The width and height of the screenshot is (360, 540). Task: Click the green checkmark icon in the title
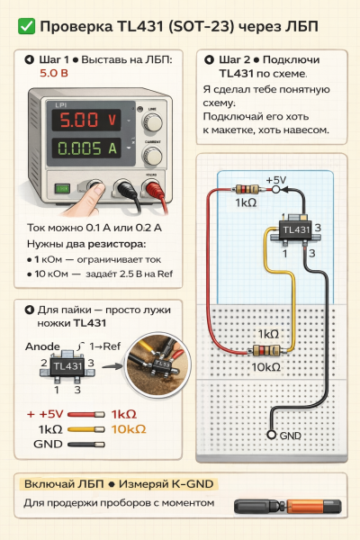pos(26,26)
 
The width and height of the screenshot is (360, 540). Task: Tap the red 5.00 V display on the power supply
pos(86,120)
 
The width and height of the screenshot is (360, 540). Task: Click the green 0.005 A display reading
pos(86,148)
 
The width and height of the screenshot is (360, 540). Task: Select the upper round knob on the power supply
pos(153,122)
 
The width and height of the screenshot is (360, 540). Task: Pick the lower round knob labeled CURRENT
pos(153,156)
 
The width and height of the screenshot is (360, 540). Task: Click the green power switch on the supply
pos(62,188)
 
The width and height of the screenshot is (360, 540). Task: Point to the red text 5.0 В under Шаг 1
pos(54,73)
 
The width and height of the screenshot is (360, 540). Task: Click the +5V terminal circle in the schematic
pos(275,189)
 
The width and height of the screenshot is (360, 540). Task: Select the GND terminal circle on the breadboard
pos(272,435)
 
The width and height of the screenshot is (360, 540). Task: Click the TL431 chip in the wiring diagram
pos(296,229)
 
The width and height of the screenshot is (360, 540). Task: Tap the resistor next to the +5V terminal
pos(247,189)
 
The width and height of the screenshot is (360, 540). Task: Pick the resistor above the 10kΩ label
pos(266,351)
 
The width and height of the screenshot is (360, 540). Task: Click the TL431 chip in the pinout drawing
pos(67,366)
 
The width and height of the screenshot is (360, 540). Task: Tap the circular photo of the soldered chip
pos(157,365)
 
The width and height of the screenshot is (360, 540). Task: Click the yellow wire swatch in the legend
pos(86,429)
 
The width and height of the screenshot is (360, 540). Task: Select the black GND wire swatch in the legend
pos(86,445)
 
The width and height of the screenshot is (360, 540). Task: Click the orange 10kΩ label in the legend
pos(129,429)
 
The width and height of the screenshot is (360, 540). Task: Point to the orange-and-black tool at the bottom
pos(288,507)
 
